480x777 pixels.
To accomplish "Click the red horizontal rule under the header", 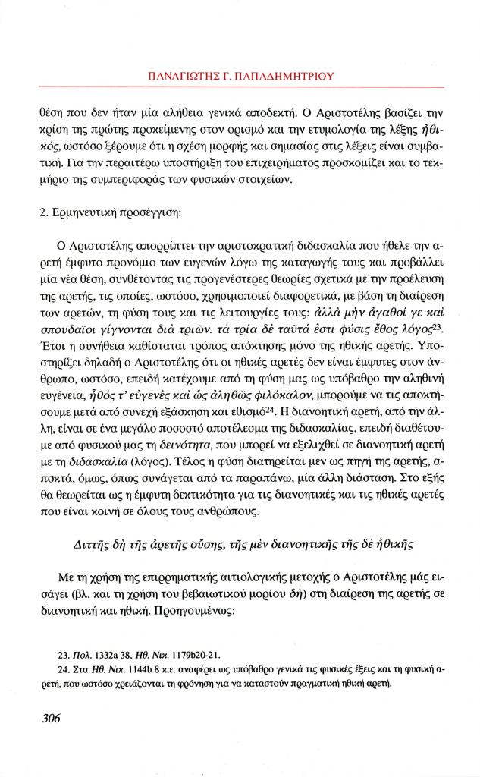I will tap(240, 88).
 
